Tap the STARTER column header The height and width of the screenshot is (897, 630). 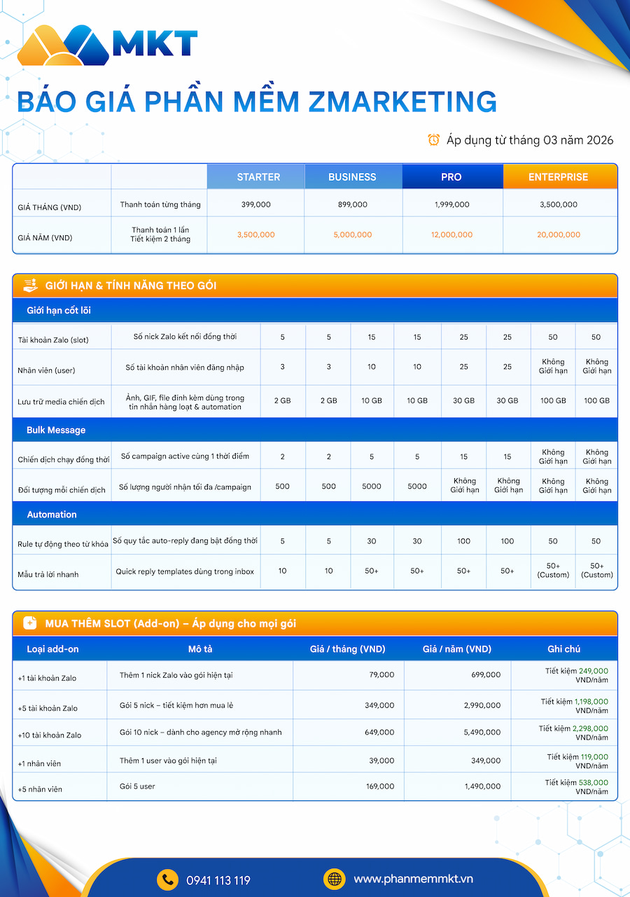(258, 177)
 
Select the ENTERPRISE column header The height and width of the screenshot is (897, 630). (558, 177)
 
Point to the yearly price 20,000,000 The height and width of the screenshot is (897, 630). (558, 235)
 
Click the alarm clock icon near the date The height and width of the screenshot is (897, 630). (434, 140)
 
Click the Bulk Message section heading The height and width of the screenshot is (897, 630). (56, 430)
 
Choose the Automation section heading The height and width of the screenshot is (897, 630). (52, 515)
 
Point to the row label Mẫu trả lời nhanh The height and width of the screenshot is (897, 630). (48, 574)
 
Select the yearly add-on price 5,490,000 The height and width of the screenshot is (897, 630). (482, 732)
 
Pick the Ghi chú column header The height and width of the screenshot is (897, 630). (563, 649)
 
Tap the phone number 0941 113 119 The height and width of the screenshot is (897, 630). (218, 880)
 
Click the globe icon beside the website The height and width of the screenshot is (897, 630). (334, 879)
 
